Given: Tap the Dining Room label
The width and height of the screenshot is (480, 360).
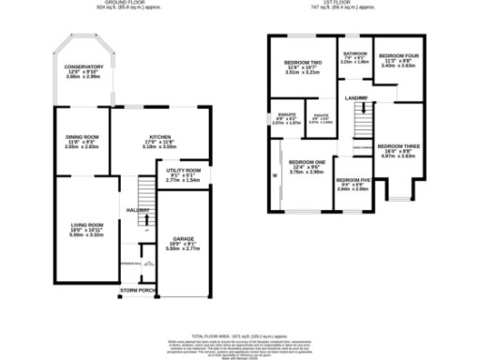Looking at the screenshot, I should [x=82, y=138].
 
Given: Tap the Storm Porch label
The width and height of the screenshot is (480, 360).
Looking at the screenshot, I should [x=136, y=292].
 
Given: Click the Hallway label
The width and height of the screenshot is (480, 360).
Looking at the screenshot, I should [x=139, y=209].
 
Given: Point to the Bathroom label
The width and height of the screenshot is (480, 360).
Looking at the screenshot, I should [x=355, y=54].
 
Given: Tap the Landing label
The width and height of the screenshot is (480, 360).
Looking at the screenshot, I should [x=355, y=97].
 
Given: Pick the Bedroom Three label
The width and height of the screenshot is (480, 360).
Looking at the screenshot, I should [x=397, y=146].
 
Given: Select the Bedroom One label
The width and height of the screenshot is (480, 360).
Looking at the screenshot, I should [x=307, y=161].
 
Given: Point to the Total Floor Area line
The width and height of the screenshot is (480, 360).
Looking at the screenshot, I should [x=240, y=335].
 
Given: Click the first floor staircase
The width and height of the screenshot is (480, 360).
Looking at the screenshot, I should [x=361, y=121].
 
